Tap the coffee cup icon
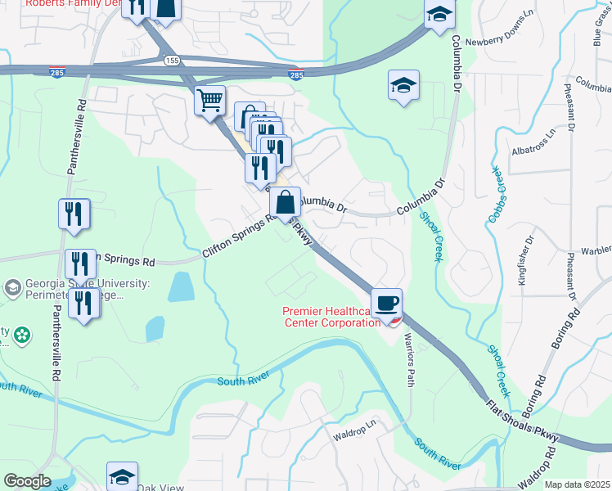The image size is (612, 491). (387, 303)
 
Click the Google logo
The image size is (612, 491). (27, 481)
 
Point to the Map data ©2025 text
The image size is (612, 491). (578, 484)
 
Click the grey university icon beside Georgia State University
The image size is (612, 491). (12, 288)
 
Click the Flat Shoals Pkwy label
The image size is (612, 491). (522, 418)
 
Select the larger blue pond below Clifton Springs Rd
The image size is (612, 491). (180, 287)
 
